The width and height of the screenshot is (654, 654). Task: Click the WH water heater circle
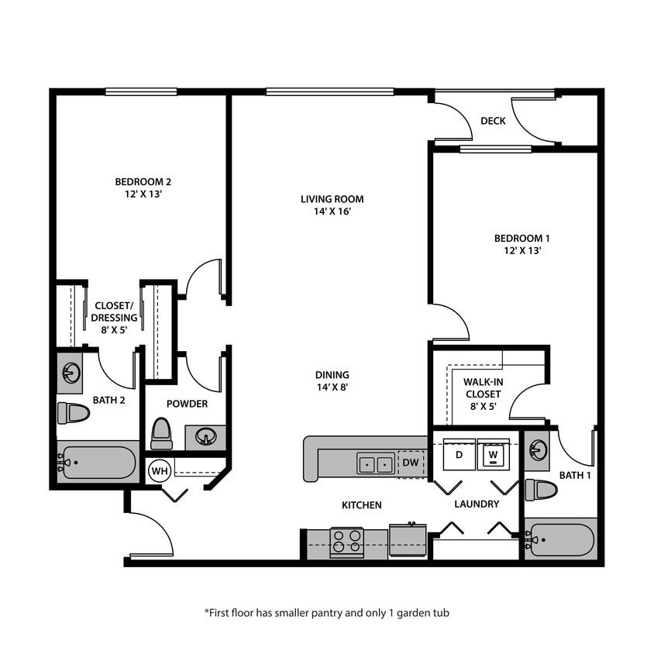pos(160,470)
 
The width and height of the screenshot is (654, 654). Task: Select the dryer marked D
pos(460,455)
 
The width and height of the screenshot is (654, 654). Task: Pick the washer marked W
pos(493,455)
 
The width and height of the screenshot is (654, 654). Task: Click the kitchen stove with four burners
pos(347,542)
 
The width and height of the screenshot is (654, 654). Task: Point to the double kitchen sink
pos(376,464)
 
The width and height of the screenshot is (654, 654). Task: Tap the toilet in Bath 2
pos(74,413)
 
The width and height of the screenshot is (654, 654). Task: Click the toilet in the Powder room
pos(161,434)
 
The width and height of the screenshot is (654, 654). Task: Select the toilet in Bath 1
pos(541,490)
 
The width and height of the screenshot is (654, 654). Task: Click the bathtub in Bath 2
pos(98,463)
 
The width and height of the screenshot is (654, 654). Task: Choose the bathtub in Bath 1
pos(562,539)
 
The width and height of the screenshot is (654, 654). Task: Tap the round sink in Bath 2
pos(71,373)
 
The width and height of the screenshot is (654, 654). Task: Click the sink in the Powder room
pos(205,437)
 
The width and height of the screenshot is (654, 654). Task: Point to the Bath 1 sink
pos(537,450)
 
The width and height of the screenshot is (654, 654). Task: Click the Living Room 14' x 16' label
pos(332,205)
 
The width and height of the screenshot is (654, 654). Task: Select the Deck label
pos(493,121)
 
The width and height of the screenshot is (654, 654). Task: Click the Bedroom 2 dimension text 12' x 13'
pos(143,194)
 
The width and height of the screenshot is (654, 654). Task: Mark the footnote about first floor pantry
pos(326,612)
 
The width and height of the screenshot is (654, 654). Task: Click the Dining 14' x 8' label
pos(332,380)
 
